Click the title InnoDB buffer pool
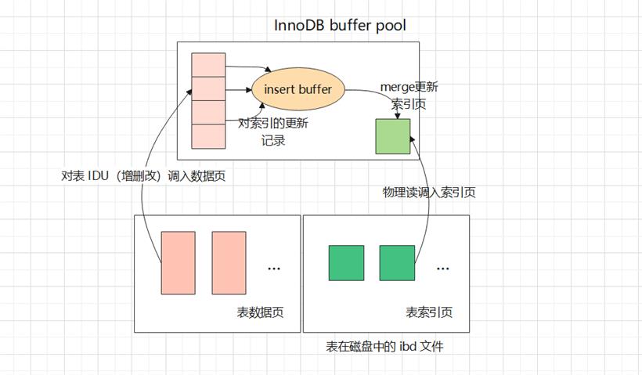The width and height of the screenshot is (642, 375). coord(340,25)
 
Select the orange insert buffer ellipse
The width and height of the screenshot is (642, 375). coord(298,89)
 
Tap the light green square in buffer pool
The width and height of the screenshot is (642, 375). coord(393,136)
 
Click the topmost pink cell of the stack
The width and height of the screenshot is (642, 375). coord(208,65)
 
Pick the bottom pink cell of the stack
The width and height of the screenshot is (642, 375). coord(208,136)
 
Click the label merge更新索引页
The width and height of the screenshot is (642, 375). coord(409,96)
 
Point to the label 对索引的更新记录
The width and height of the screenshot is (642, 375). coord(273,132)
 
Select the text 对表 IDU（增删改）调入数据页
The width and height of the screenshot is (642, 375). coord(143,176)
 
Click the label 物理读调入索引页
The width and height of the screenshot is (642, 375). coord(429,192)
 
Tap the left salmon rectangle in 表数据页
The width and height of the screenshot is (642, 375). coord(178,263)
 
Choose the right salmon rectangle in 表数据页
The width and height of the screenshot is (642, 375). coord(229,263)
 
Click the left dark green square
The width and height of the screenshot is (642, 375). coord(346,263)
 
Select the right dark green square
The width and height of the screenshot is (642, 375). coord(397,263)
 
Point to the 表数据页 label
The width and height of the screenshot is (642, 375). coord(260,312)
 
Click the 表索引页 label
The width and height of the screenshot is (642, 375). coord(429,312)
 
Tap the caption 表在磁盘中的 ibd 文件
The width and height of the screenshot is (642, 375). coord(384,347)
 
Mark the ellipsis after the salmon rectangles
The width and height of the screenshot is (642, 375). coord(274,269)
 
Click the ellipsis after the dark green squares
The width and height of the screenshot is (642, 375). coord(442,269)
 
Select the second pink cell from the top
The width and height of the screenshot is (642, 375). coord(208,88)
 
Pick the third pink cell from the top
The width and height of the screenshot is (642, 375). coord(208,112)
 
